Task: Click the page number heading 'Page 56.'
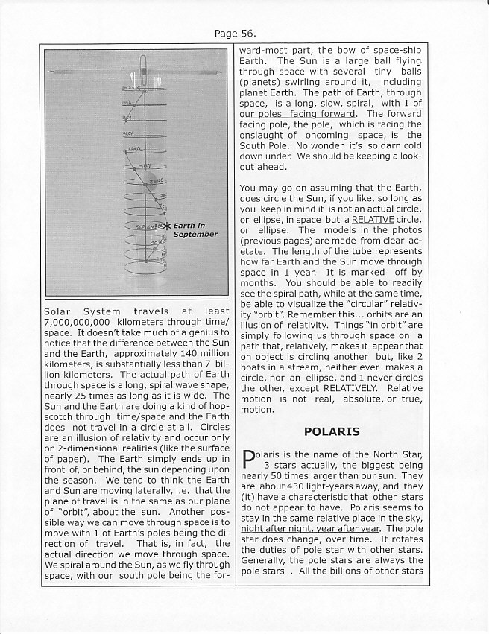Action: point(236,33)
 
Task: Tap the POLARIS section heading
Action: point(332,431)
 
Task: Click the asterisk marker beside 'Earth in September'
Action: point(167,225)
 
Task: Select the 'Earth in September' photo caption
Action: point(195,229)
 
